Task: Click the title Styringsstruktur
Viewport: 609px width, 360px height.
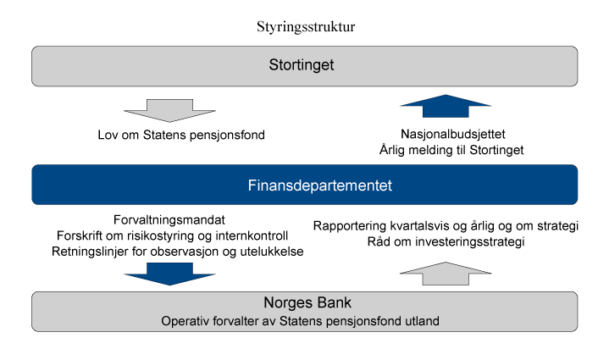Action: tap(305, 26)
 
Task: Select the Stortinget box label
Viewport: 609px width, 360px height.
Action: tap(305, 65)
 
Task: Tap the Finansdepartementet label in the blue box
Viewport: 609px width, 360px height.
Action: tap(305, 185)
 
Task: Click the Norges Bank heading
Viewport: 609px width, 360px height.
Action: tap(305, 304)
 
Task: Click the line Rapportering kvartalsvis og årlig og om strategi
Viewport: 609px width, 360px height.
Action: tap(446, 226)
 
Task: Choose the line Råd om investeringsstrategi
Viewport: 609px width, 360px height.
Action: tap(446, 243)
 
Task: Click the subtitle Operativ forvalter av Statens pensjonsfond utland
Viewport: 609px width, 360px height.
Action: tap(305, 321)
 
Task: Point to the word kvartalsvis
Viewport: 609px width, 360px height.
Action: tap(418, 226)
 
